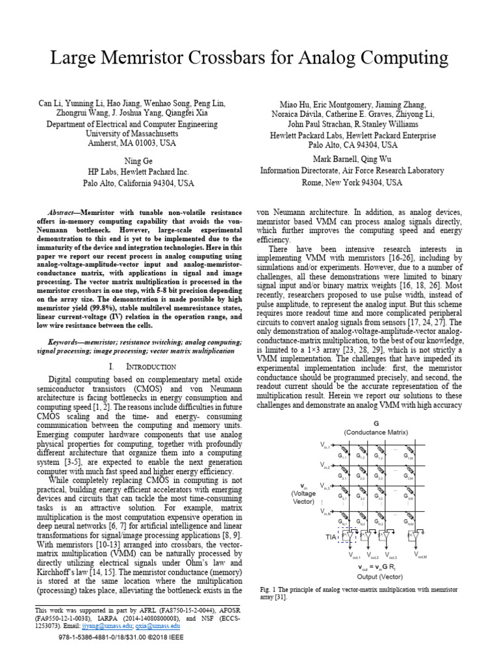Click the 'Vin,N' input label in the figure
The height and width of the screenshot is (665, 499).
pyautogui.click(x=326, y=512)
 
